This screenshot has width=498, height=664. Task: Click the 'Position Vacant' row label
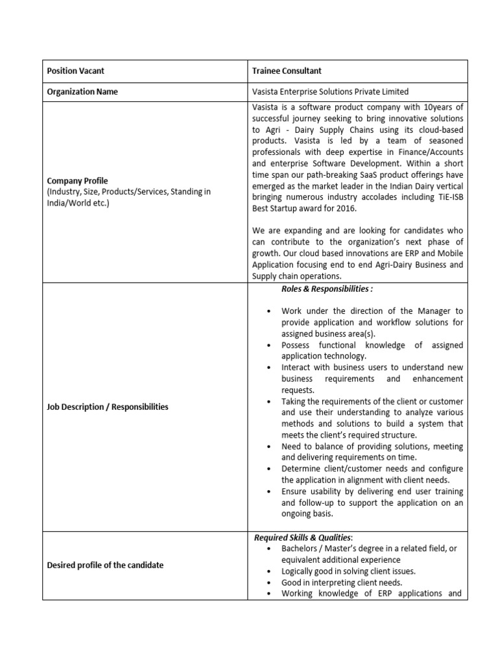75,71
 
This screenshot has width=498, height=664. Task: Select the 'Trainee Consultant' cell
287,71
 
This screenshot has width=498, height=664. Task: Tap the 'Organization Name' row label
82,92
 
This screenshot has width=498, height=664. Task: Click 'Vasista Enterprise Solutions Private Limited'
331,92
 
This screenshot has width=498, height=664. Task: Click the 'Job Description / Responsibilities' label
108,407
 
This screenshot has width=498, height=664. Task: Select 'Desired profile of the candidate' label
105,565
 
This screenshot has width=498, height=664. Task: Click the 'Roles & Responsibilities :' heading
327,289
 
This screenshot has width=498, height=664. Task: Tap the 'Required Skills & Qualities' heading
302,538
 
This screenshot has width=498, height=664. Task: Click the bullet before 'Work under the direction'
268,312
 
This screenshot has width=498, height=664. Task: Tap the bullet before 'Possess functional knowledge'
268,346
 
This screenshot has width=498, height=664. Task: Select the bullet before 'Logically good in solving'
268,571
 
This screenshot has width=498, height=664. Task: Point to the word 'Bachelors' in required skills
301,549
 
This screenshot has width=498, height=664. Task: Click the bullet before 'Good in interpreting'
268,582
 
